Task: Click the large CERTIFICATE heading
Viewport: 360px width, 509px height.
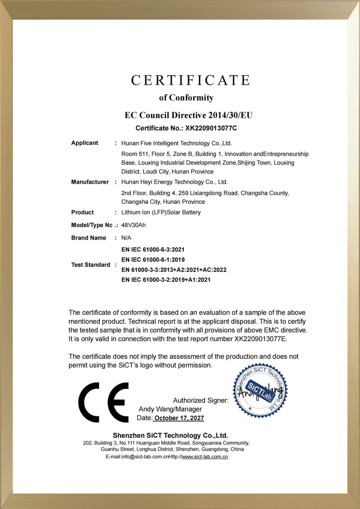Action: [x=190, y=80]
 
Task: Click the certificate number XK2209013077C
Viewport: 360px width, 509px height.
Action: [x=211, y=128]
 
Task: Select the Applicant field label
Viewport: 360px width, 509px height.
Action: [x=85, y=143]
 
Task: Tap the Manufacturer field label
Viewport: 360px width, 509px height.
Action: [x=90, y=182]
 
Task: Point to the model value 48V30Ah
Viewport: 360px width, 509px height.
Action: [x=133, y=225]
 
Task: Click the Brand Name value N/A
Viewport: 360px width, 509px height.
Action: [x=126, y=238]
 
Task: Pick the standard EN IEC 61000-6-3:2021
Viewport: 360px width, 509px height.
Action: [x=153, y=250]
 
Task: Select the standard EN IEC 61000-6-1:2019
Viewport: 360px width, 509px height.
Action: [x=153, y=260]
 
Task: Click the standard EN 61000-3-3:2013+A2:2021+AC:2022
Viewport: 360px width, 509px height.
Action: [x=174, y=270]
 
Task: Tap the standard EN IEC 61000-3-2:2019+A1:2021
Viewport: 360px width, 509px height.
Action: [x=166, y=280]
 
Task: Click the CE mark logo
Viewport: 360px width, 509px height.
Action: [x=103, y=402]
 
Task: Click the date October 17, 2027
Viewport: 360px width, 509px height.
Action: [x=179, y=418]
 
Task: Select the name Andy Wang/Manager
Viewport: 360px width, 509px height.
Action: [x=170, y=409]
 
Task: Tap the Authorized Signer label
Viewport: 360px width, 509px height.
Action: [x=200, y=400]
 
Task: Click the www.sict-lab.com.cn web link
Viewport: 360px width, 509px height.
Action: [x=205, y=457]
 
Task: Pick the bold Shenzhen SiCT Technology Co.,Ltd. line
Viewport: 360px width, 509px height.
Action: [x=170, y=436]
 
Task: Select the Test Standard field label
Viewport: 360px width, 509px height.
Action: [x=91, y=265]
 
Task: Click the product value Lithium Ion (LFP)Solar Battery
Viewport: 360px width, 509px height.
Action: [x=161, y=212]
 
